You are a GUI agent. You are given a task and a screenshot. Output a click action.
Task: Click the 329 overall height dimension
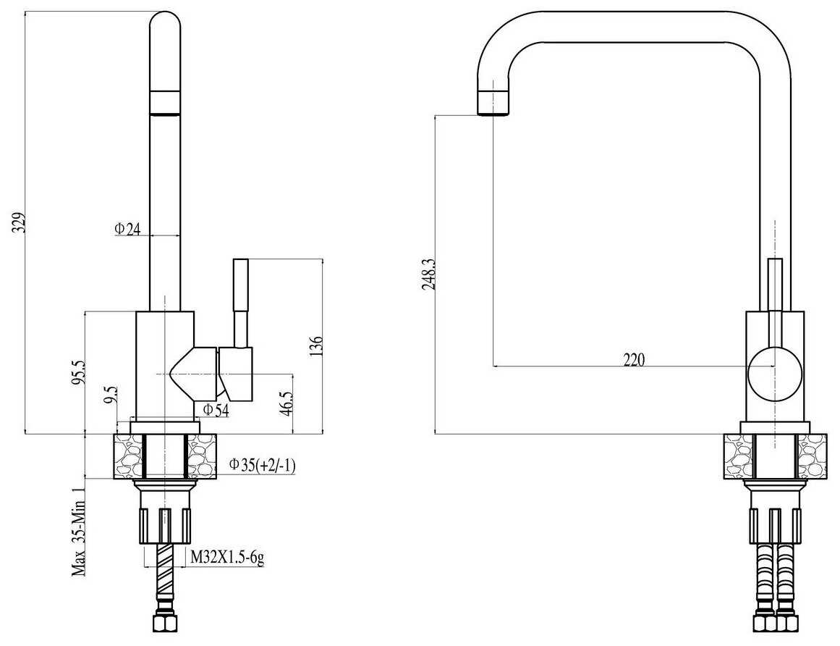tap(20, 223)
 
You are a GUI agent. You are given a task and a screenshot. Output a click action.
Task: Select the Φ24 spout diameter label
tap(127, 229)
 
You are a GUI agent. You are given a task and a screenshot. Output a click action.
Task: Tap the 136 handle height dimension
tap(316, 346)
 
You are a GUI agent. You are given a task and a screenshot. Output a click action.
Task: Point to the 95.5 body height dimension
tap(80, 372)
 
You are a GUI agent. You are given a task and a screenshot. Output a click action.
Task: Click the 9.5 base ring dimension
tap(111, 395)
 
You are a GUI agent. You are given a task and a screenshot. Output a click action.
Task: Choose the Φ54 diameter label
tap(216, 411)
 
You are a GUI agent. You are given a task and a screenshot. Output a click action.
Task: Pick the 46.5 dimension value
tap(287, 403)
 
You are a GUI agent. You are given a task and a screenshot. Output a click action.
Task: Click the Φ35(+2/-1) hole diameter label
tap(263, 465)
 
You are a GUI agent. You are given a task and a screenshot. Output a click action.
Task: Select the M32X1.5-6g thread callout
tap(228, 558)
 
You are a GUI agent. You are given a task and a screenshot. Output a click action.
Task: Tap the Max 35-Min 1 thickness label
tap(80, 532)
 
